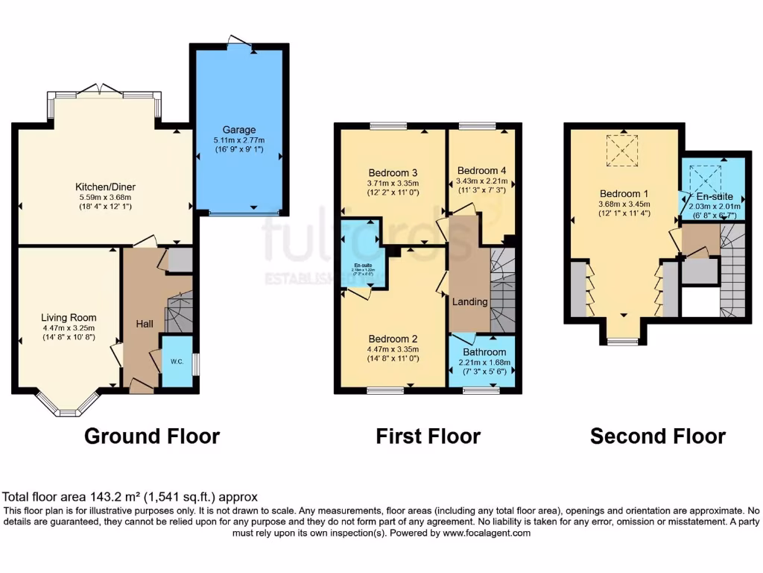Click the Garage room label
point(238,129)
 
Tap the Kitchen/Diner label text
point(105,187)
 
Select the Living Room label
point(69,317)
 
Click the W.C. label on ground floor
point(177,362)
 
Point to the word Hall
point(144,325)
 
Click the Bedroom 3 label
point(393,170)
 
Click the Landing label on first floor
point(470,301)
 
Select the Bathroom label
point(484,351)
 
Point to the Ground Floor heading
point(152,436)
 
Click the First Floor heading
point(428,436)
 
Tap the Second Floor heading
point(658,436)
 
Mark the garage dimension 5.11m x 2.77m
point(238,140)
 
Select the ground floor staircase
point(178,312)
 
